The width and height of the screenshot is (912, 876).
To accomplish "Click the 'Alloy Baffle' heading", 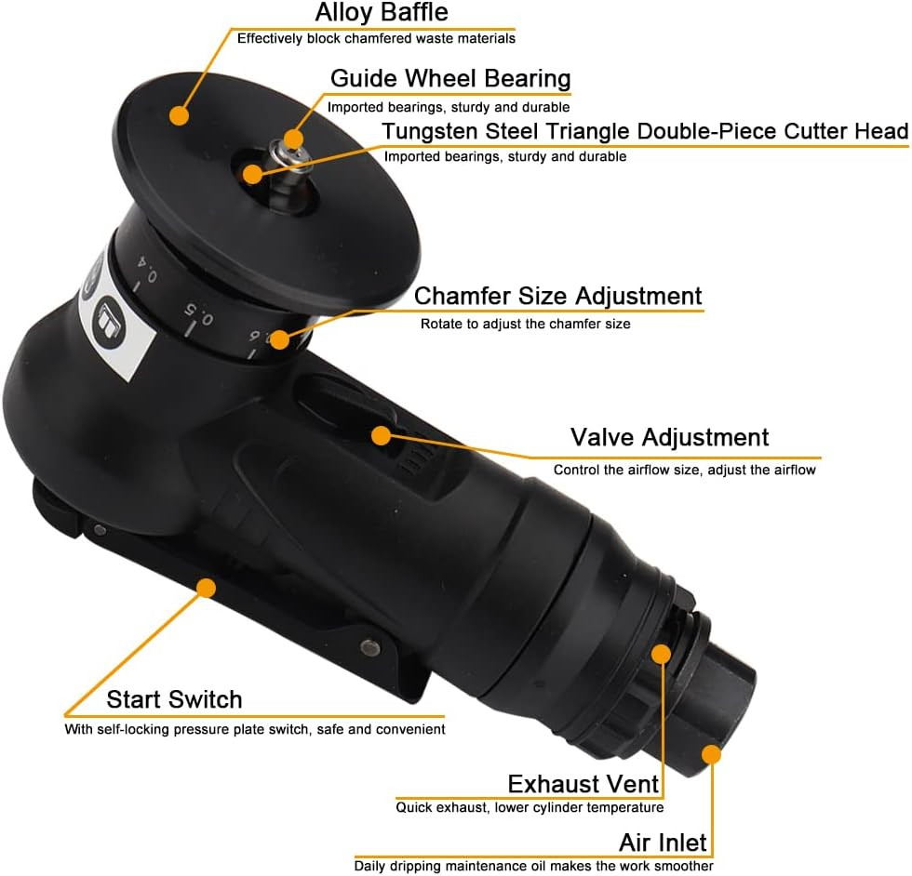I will click(382, 13).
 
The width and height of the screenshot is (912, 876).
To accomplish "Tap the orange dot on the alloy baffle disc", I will click(179, 115).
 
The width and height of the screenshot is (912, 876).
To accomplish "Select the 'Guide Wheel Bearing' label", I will click(450, 78).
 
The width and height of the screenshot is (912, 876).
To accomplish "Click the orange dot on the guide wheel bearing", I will click(293, 139).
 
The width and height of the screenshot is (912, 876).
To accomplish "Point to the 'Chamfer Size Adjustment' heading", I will click(557, 296).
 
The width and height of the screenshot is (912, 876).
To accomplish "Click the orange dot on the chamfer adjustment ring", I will click(279, 340).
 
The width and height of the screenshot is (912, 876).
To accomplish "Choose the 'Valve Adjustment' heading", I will click(669, 437).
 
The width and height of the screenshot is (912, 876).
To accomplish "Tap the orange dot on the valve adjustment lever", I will click(380, 434).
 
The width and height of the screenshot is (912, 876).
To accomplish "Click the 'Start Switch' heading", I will click(174, 699).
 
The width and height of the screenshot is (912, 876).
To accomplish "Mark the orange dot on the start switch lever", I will click(206, 588).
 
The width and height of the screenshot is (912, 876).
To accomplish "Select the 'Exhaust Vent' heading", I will click(583, 783).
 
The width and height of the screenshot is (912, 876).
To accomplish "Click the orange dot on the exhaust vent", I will click(660, 654).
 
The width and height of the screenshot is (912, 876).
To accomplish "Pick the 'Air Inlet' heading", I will click(663, 843).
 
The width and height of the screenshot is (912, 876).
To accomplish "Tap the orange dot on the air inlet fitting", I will click(711, 754).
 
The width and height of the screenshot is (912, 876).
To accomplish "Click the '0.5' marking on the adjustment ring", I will click(197, 315).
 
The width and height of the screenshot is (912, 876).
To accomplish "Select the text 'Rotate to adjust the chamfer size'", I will click(525, 325).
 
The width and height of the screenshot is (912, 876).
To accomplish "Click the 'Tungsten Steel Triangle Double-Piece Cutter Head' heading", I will click(645, 132).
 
